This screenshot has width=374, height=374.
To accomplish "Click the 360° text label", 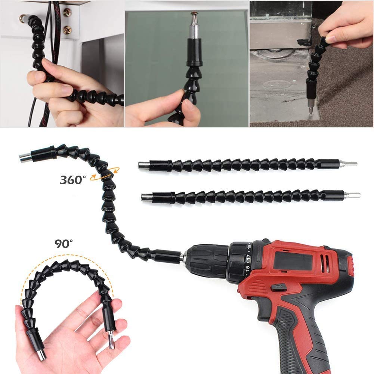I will tap(73, 180).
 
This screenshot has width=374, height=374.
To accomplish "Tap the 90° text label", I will tap(64, 244).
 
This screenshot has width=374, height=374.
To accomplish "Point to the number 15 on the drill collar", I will tap(248, 269).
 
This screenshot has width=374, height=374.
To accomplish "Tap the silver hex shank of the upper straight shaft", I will tap(348, 164).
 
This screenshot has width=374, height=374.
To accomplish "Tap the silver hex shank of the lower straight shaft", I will tap(352, 195).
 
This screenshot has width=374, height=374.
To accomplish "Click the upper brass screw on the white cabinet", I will tap(68, 12).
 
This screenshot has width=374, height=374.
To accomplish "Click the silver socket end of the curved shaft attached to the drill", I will tap(25, 157).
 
